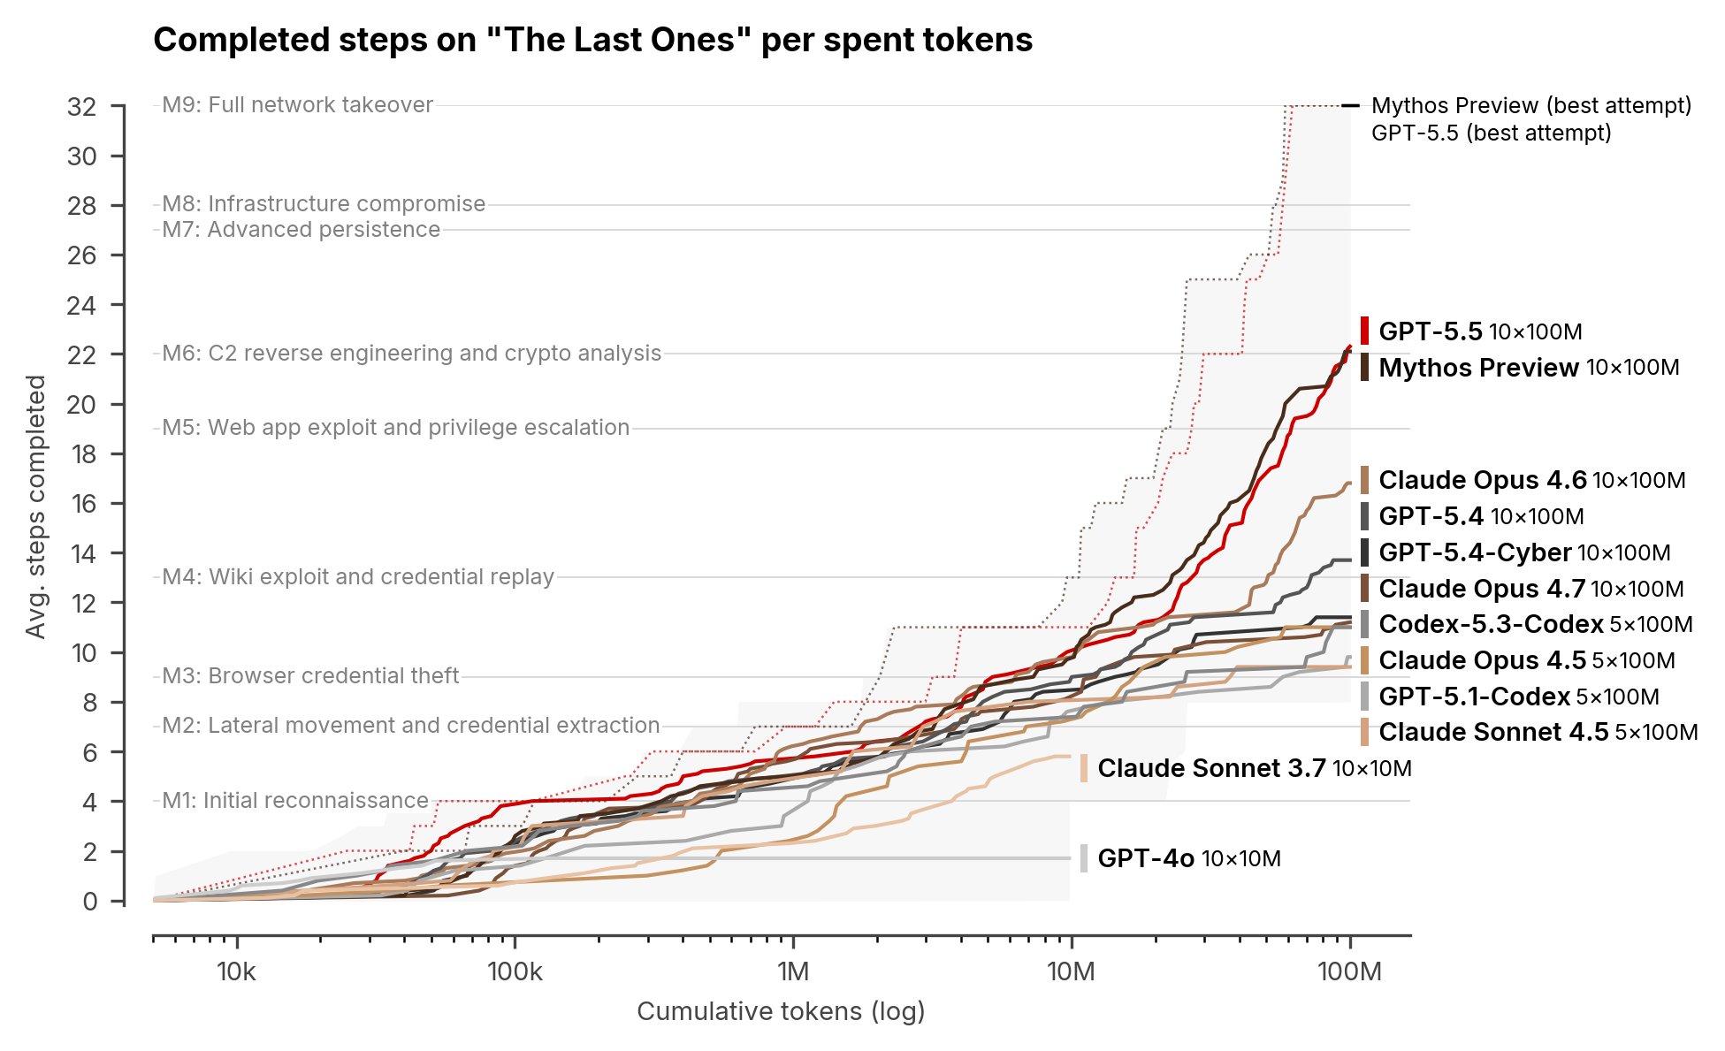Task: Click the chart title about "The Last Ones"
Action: tap(592, 41)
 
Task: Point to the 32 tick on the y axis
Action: tap(81, 107)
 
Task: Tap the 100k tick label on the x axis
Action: tap(515, 972)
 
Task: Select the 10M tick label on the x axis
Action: tap(1071, 972)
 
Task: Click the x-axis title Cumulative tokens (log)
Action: tap(781, 1011)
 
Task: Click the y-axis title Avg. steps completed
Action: tap(35, 506)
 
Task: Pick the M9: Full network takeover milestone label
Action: tap(297, 105)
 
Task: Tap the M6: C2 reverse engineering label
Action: tap(411, 354)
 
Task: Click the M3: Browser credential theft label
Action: tap(310, 676)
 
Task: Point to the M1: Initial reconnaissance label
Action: tap(295, 801)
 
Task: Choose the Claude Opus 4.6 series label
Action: tap(1531, 480)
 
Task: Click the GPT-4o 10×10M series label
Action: tap(1188, 858)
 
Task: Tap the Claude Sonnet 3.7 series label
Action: tap(1254, 768)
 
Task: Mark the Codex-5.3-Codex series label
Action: tap(1535, 624)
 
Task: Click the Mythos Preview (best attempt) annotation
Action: tap(1530, 106)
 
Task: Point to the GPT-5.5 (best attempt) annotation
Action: tap(1491, 133)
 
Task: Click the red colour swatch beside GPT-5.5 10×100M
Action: tap(1365, 331)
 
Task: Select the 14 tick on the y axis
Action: tap(81, 554)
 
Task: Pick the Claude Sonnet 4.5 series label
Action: tap(1538, 732)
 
